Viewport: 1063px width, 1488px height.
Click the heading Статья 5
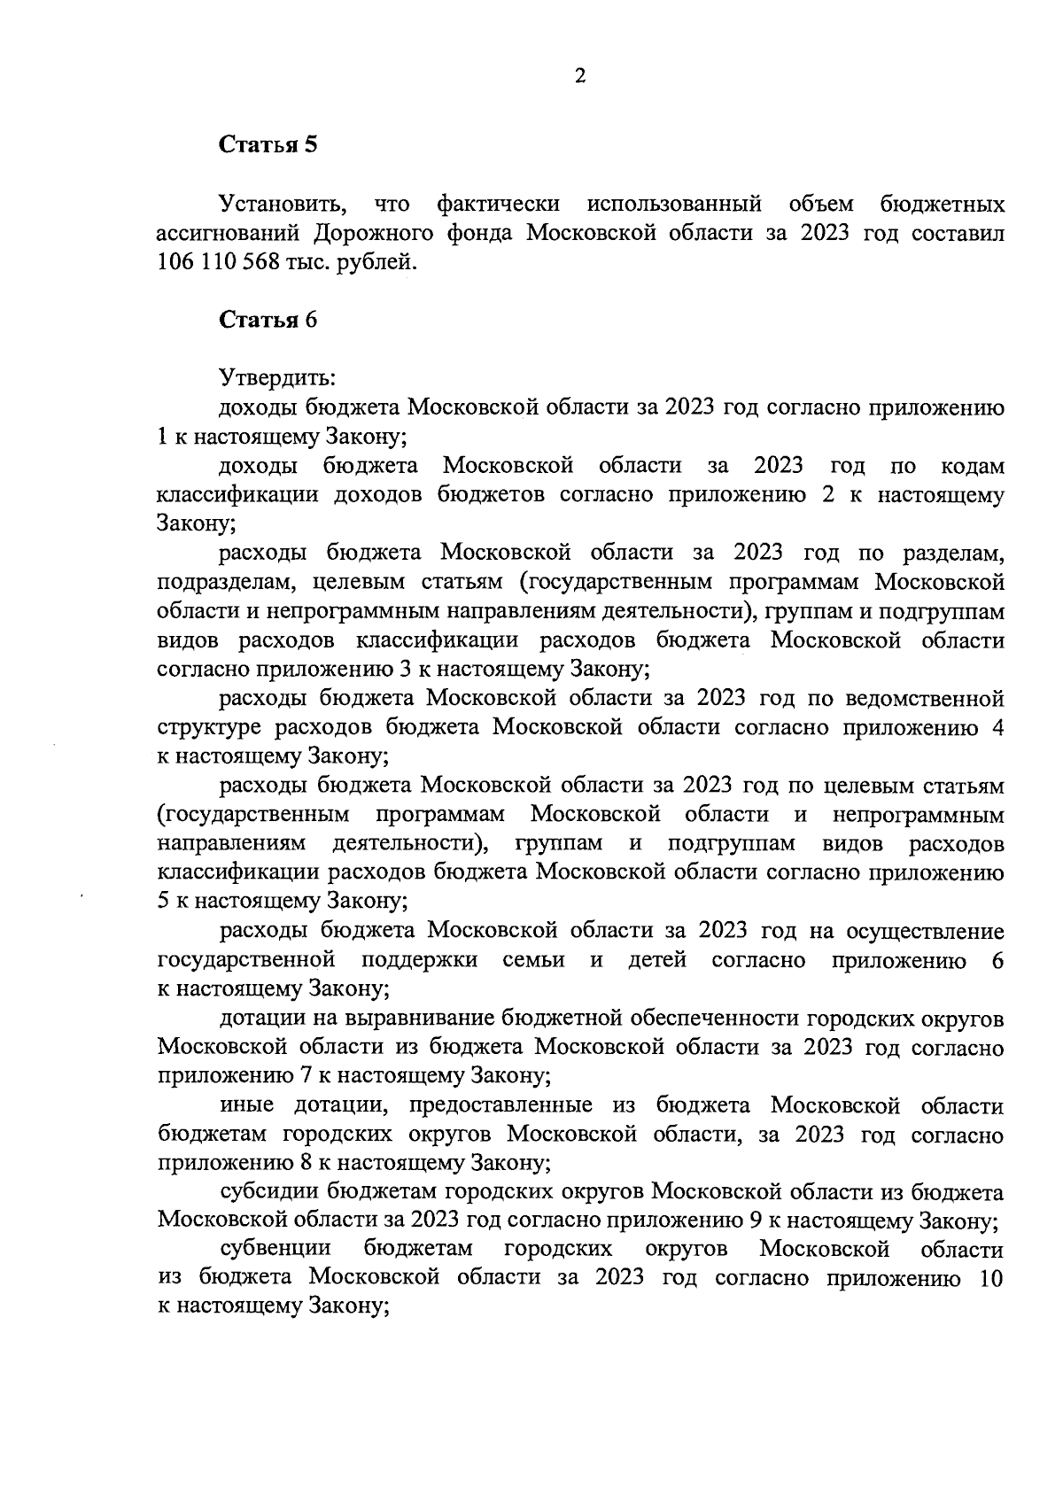pos(268,145)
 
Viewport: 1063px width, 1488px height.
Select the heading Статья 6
pos(268,321)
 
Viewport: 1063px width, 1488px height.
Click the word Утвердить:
pos(277,379)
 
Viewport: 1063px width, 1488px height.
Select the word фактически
pos(499,205)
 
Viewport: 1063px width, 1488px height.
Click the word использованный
pos(674,205)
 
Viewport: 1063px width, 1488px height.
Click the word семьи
pos(533,960)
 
